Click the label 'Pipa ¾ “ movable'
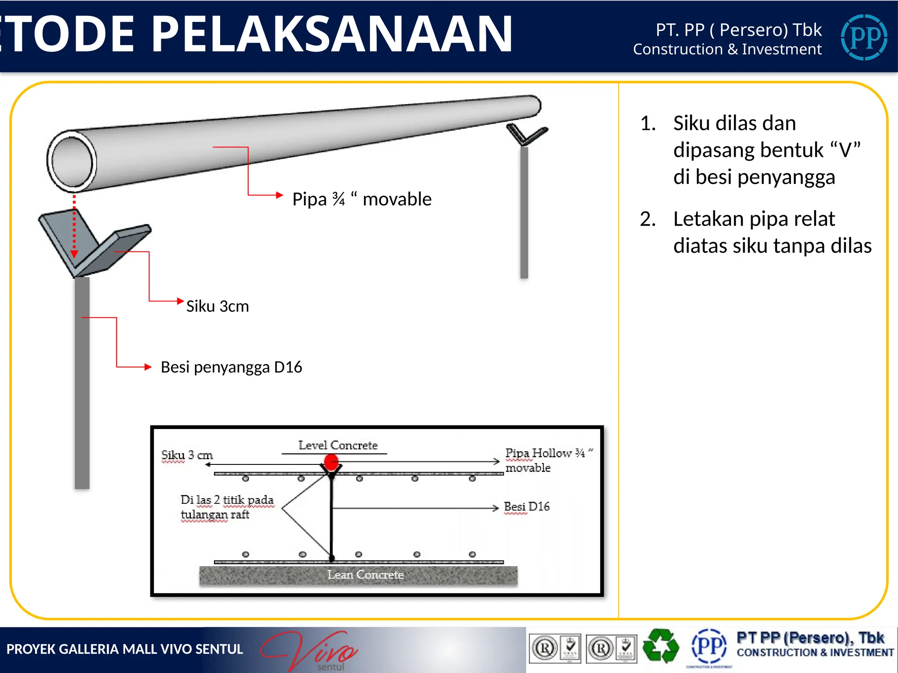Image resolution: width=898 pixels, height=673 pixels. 362,199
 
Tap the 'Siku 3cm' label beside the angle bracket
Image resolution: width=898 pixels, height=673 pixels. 217,306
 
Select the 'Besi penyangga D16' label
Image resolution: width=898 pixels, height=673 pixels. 231,367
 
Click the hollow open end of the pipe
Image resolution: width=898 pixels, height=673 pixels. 72,161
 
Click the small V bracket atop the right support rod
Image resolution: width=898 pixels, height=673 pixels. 526,134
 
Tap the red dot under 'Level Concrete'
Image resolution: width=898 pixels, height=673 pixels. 331,462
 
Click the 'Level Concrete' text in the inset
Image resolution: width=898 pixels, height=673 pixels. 338,446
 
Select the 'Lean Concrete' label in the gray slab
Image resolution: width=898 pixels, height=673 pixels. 365,575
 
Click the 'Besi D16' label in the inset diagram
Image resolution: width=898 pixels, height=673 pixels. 527,507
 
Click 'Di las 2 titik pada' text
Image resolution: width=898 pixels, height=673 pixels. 227,500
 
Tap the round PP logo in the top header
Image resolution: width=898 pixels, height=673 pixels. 864,37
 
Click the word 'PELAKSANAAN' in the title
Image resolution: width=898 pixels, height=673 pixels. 332,34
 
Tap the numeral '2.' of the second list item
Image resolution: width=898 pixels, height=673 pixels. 648,219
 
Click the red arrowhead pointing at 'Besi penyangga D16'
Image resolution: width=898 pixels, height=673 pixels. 148,367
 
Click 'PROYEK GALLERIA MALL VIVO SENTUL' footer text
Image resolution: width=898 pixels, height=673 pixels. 125,649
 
